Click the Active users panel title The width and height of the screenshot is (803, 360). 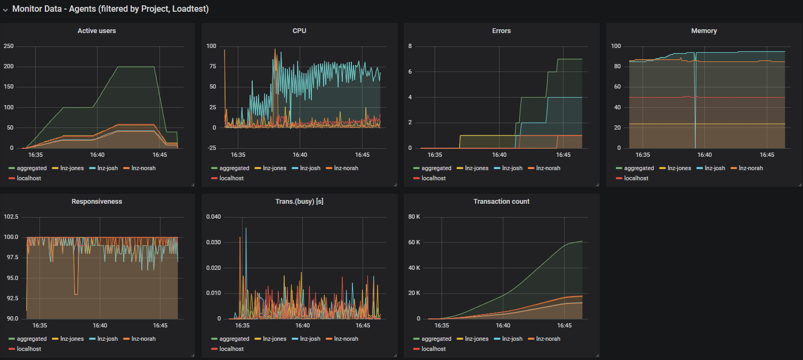[97, 31]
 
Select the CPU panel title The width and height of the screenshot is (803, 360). [299, 31]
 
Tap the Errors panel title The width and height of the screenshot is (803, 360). [501, 31]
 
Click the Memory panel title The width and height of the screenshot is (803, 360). [704, 31]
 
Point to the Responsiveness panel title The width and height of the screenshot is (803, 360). [97, 202]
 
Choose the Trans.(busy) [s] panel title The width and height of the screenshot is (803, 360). [299, 202]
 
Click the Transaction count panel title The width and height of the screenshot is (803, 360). [501, 202]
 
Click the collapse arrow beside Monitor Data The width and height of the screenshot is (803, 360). [5, 10]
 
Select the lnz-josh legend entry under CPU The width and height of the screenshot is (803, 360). [310, 168]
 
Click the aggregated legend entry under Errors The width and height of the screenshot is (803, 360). [436, 168]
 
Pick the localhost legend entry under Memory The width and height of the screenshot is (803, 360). [636, 178]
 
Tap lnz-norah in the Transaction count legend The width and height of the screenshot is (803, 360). [549, 339]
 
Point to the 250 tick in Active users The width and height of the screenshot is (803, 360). [8, 46]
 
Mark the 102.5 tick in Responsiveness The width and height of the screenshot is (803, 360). [10, 217]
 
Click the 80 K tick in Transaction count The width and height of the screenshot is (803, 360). [414, 217]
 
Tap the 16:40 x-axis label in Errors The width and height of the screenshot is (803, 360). [499, 155]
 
